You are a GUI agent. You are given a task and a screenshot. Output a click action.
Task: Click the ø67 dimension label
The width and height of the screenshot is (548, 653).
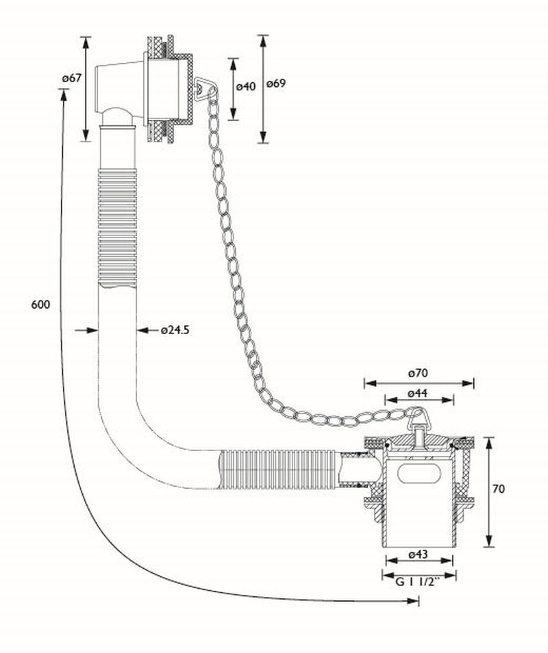click(x=71, y=78)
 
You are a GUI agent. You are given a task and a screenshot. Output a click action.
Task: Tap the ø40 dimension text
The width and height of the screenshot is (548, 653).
click(x=246, y=86)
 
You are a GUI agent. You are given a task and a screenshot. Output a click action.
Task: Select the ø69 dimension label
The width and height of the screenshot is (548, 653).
click(x=276, y=84)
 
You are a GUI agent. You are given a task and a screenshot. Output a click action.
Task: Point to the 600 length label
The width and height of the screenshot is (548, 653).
click(x=40, y=305)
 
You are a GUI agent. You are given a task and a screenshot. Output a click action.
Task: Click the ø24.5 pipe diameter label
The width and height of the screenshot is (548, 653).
click(x=175, y=330)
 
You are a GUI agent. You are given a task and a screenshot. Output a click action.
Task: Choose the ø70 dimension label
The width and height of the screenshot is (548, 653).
click(x=418, y=373)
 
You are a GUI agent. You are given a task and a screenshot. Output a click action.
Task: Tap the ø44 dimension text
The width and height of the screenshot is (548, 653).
click(x=418, y=393)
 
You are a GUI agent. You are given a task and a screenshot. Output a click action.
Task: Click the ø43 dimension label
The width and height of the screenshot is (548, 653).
click(x=418, y=554)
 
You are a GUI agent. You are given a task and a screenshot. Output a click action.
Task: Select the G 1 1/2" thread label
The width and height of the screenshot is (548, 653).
click(x=417, y=582)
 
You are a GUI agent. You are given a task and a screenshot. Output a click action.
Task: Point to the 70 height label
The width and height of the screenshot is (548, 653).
click(x=499, y=489)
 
